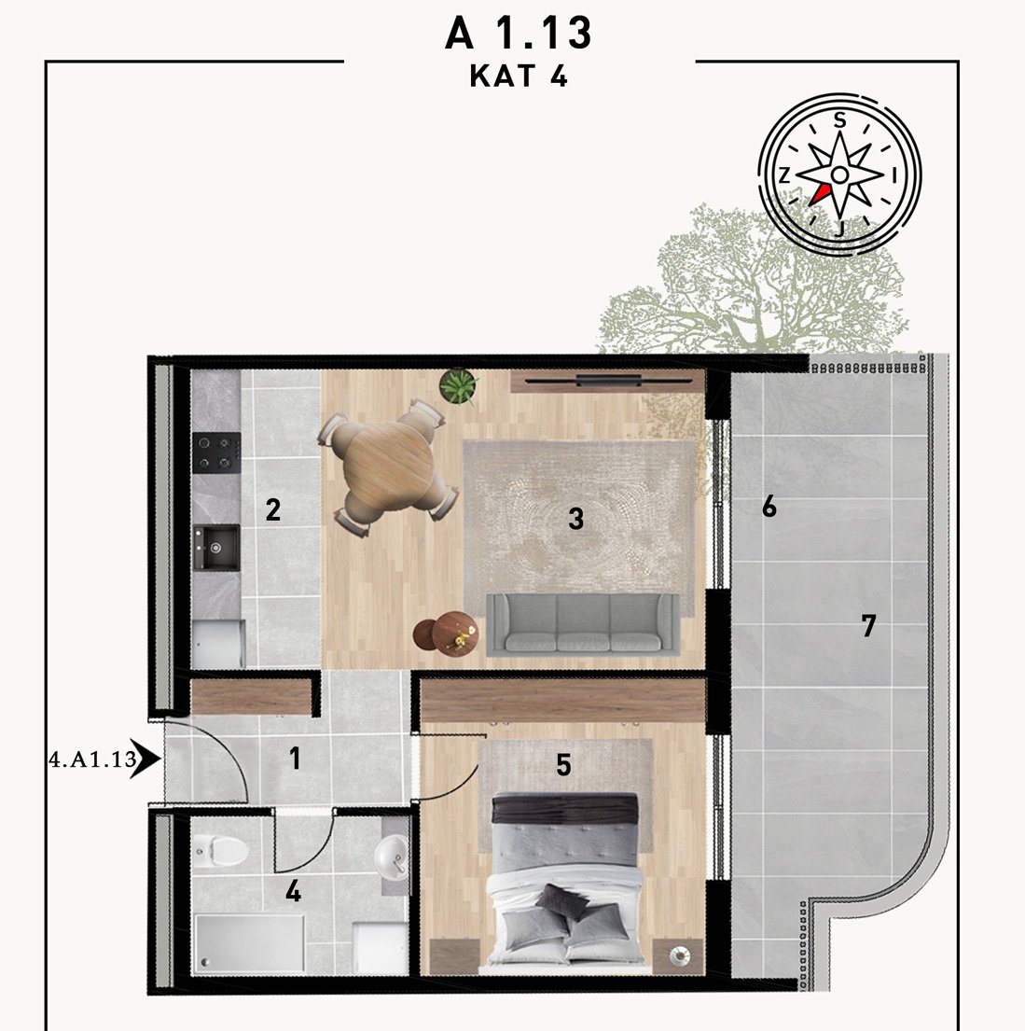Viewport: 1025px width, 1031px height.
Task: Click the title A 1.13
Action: click(518, 33)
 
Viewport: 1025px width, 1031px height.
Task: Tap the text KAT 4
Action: click(518, 77)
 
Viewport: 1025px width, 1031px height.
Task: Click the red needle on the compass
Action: click(819, 194)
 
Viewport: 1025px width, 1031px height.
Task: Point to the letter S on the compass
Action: click(839, 121)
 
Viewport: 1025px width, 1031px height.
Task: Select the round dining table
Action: click(389, 467)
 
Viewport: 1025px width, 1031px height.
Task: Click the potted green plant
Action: click(458, 386)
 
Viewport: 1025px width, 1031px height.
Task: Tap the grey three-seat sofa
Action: click(583, 624)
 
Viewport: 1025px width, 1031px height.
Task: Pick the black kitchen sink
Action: click(215, 548)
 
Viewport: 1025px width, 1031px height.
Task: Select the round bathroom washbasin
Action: click(391, 857)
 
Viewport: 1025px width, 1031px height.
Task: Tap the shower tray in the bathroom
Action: click(249, 943)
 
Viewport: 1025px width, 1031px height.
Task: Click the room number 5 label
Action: click(563, 765)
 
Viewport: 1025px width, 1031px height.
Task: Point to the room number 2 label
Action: click(273, 509)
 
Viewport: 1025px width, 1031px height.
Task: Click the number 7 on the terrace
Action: click(868, 626)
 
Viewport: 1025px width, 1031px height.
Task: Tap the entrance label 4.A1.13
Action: click(92, 759)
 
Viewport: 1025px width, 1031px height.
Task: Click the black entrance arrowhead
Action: click(145, 759)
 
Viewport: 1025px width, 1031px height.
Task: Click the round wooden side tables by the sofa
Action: click(446, 634)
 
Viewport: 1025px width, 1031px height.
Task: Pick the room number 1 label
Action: click(296, 759)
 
